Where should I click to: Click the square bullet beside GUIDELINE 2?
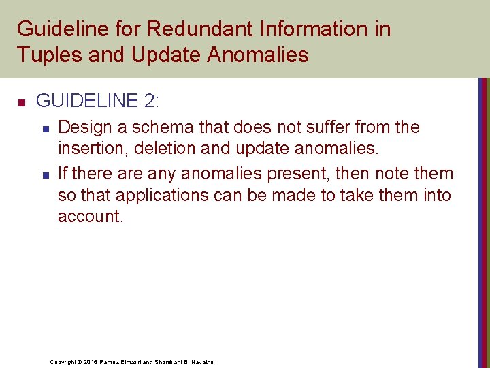pyautogui.click(x=21, y=103)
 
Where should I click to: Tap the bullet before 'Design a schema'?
pyautogui.click(x=44, y=128)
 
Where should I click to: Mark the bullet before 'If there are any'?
pyautogui.click(x=44, y=175)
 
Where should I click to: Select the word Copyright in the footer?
pyautogui.click(x=64, y=361)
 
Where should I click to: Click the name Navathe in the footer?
pyautogui.click(x=201, y=361)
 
